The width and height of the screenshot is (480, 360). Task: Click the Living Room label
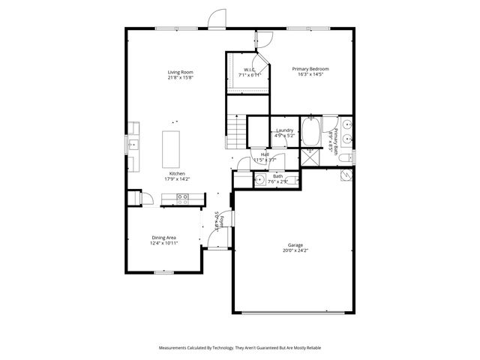coord(179,73)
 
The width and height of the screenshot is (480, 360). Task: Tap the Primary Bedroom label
coord(310,69)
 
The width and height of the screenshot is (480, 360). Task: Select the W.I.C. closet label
coord(248,70)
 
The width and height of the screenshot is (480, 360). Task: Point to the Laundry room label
coord(284,130)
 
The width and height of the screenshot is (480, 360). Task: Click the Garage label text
coord(295,245)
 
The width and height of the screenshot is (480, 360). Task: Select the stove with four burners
coord(182,198)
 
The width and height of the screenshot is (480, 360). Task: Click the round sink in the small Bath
coord(260,180)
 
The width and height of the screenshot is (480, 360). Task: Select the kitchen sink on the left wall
coord(132,144)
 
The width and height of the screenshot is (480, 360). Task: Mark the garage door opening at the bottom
coord(295,312)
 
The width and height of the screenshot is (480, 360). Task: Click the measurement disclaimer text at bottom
coord(239,348)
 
